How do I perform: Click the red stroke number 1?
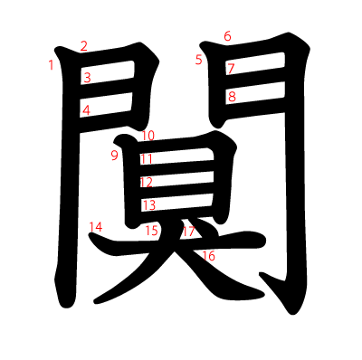(52, 65)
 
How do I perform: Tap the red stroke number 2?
(84, 46)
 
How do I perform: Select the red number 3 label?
(87, 78)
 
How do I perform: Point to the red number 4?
(86, 111)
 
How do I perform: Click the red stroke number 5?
(198, 61)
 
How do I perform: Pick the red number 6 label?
(227, 36)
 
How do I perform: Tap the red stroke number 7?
(231, 69)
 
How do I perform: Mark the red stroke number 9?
(114, 156)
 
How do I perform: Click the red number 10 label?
(148, 136)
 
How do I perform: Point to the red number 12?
(146, 182)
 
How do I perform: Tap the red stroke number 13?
(148, 205)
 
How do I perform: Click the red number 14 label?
(96, 226)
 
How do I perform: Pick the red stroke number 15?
(151, 231)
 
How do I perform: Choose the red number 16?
(209, 256)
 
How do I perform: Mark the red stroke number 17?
(188, 232)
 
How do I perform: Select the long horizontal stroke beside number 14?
(181, 244)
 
